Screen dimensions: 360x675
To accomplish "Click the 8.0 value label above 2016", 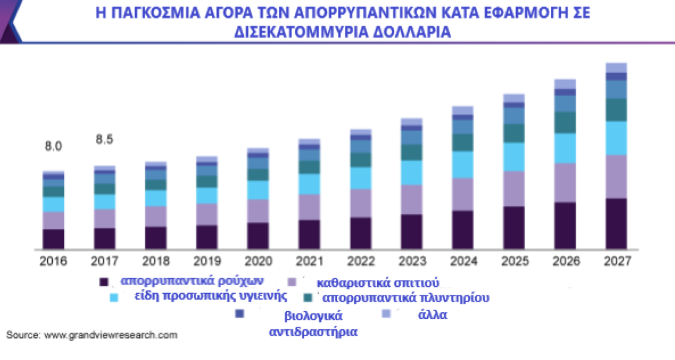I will pyautogui.click(x=53, y=147).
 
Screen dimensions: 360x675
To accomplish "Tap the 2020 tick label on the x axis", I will pyautogui.click(x=258, y=261).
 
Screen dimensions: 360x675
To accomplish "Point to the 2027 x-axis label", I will pyautogui.click(x=616, y=261).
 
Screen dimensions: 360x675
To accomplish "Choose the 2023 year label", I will pyautogui.click(x=412, y=261).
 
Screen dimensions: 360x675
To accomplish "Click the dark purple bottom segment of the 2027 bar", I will pyautogui.click(x=616, y=224).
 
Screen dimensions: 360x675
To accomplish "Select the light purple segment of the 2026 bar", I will pyautogui.click(x=565, y=182).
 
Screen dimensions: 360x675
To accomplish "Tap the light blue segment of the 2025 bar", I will pyautogui.click(x=514, y=157).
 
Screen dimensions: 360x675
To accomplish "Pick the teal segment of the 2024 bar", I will pyautogui.click(x=463, y=142).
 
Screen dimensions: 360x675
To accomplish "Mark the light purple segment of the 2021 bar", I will pyautogui.click(x=309, y=207).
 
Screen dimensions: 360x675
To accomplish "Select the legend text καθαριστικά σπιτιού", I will pyautogui.click(x=377, y=283).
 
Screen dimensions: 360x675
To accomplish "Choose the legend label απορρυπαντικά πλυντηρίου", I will pyautogui.click(x=406, y=298).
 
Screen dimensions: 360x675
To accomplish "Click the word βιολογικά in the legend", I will pyautogui.click(x=313, y=316).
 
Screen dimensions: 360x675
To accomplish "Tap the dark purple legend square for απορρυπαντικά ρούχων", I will pyautogui.click(x=105, y=282).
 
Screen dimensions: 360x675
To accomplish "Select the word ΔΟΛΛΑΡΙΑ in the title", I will pyautogui.click(x=400, y=32).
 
